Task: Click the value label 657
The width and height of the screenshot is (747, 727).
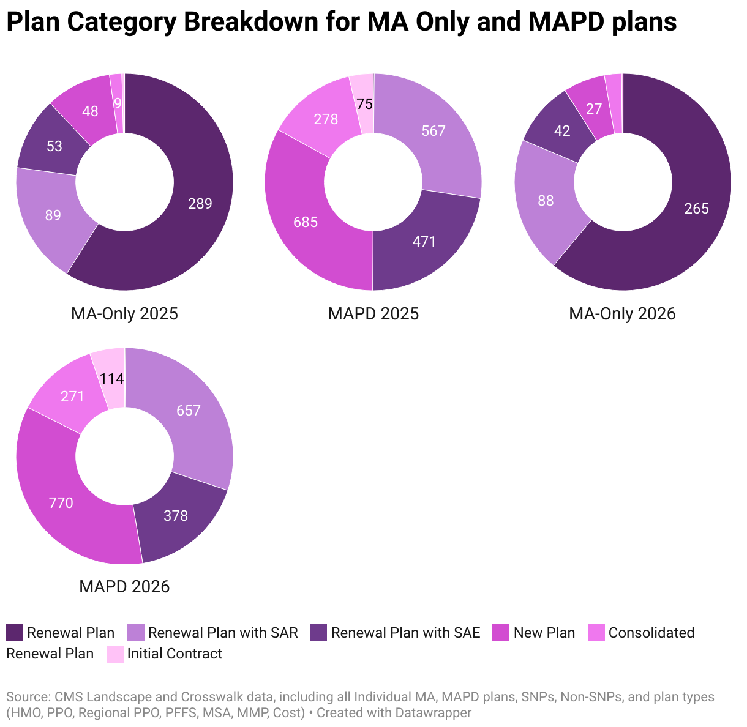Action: (x=189, y=411)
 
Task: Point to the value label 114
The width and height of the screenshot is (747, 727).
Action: (x=112, y=379)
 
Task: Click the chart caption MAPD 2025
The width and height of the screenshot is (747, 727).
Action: (x=374, y=314)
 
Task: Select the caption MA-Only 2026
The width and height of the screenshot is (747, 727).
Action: (x=622, y=314)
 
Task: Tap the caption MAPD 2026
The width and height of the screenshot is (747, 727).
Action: (x=124, y=587)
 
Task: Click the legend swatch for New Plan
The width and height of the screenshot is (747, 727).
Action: (x=501, y=633)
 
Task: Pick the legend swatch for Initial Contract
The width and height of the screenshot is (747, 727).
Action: (x=115, y=654)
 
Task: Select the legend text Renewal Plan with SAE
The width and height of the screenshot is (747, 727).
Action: (x=405, y=633)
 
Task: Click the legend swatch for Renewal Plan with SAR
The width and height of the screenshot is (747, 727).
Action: (x=135, y=633)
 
